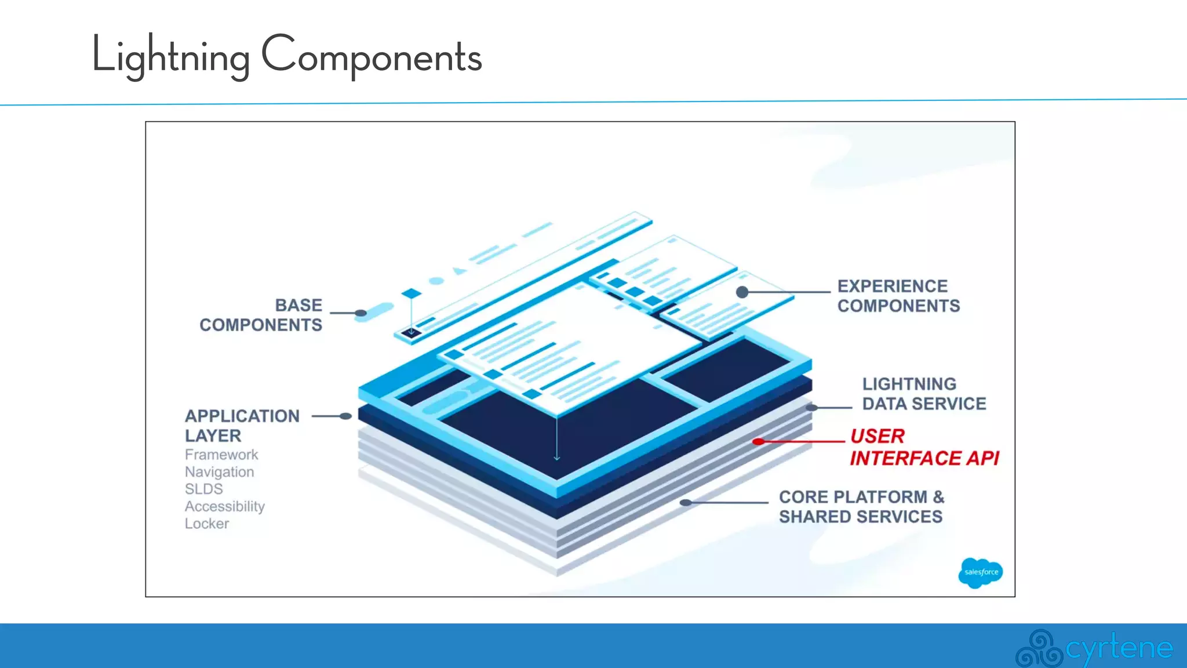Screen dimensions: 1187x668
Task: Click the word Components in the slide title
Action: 372,57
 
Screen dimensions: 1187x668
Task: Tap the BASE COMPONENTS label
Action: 261,315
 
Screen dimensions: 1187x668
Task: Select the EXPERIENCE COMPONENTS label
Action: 898,296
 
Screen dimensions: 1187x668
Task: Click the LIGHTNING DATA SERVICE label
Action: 923,394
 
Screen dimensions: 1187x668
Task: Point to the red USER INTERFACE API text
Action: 923,447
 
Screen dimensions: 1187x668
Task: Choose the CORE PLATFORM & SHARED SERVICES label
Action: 861,507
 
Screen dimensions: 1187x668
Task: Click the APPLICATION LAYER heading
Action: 242,425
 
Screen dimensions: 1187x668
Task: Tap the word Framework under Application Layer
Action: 221,455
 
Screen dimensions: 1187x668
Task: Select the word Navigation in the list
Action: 219,472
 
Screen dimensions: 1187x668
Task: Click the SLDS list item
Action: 203,489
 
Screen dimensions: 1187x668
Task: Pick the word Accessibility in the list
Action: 224,506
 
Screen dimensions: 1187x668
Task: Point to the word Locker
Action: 206,524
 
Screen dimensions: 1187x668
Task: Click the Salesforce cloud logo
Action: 980,572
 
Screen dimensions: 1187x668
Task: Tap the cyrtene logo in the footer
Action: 1094,648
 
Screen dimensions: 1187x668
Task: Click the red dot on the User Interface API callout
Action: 758,442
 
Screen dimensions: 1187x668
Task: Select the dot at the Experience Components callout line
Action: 742,292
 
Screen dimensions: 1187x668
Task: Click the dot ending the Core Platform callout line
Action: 686,503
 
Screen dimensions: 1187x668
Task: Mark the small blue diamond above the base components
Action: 411,293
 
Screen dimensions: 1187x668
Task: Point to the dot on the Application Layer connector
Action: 346,416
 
